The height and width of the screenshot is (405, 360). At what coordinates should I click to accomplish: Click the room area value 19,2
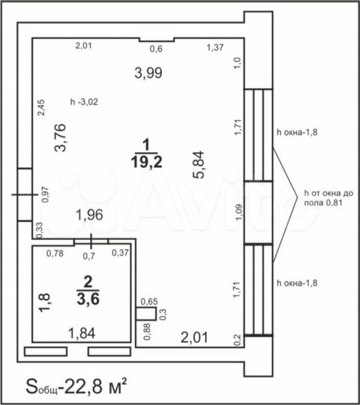146,162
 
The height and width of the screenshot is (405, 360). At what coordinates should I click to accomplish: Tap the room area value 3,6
88,299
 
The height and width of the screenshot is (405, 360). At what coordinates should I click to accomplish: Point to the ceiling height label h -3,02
84,102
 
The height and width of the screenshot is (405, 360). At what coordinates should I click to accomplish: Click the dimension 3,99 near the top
148,73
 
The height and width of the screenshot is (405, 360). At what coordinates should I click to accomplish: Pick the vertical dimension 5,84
199,164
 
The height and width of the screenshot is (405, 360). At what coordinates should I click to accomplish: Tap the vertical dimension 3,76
60,138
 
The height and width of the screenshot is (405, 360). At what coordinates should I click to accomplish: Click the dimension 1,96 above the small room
89,215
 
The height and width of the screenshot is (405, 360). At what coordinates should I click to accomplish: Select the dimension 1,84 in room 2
82,333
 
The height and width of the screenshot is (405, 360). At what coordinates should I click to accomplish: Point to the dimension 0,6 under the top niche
156,49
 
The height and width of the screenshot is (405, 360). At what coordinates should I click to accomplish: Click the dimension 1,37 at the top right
215,47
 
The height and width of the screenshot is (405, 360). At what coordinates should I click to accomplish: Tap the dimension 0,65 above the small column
149,301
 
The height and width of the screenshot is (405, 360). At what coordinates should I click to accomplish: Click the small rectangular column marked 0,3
146,313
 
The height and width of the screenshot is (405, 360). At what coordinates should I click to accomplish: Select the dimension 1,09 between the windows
239,212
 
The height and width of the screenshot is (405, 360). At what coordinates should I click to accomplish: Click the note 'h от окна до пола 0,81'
328,197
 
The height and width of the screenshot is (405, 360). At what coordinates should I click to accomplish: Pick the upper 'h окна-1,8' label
297,132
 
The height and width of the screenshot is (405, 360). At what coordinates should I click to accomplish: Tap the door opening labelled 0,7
91,241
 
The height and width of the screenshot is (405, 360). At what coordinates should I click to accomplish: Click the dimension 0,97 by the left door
45,194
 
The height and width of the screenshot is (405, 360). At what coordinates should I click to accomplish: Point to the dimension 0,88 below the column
147,332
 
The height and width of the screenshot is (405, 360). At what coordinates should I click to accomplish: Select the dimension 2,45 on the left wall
41,108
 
